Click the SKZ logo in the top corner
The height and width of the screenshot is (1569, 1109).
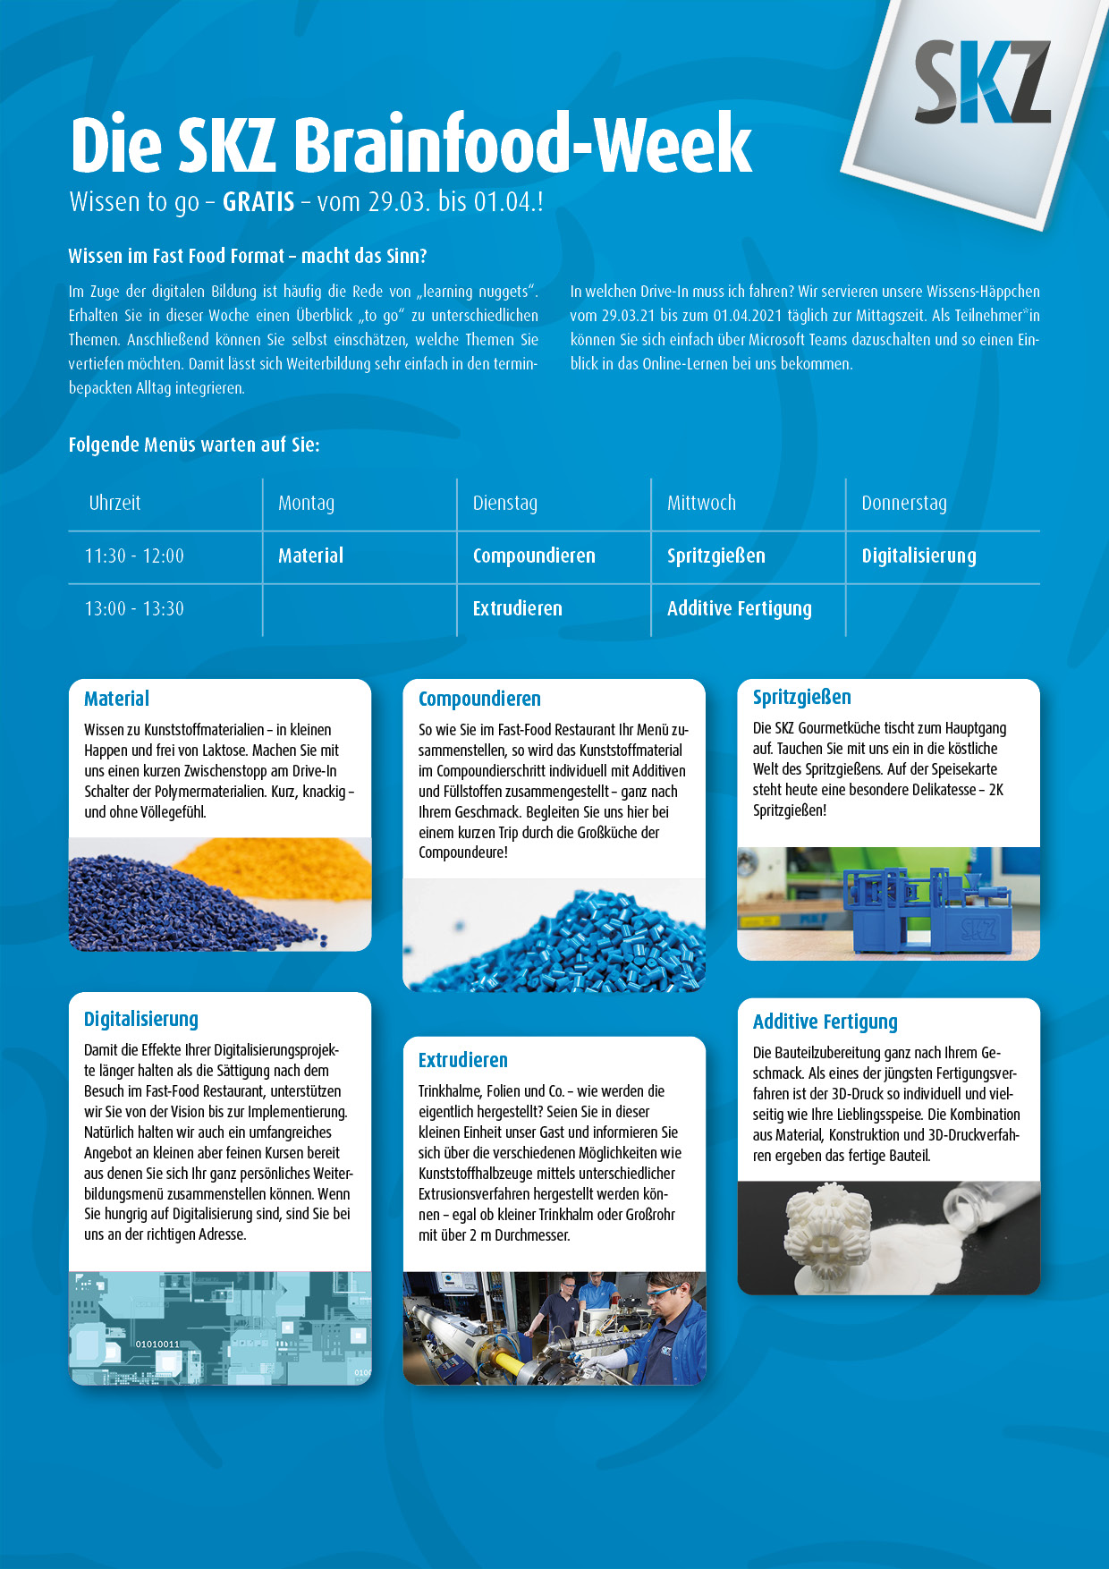pyautogui.click(x=981, y=82)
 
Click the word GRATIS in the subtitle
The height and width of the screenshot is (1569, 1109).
pyautogui.click(x=258, y=202)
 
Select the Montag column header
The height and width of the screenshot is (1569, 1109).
pyautogui.click(x=306, y=504)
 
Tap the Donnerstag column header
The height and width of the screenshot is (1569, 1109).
pyautogui.click(x=903, y=504)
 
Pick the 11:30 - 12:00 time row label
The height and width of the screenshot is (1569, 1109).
pyautogui.click(x=134, y=556)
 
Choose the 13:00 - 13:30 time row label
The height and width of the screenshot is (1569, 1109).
pyautogui.click(x=134, y=609)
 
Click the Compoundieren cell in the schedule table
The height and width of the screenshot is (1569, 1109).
pyautogui.click(x=534, y=556)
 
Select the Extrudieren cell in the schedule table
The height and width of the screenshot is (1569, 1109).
pyautogui.click(x=517, y=609)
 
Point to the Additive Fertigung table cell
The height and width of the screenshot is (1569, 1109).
pyautogui.click(x=739, y=609)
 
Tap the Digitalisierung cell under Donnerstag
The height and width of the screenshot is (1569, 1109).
pyautogui.click(x=919, y=556)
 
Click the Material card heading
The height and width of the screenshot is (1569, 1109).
pyautogui.click(x=116, y=700)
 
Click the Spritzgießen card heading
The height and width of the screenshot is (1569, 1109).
pyautogui.click(x=801, y=698)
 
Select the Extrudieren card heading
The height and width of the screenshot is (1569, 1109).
pyautogui.click(x=462, y=1061)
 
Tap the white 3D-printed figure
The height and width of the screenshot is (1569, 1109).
pyautogui.click(x=818, y=1230)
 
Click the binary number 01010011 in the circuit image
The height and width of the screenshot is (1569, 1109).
pyautogui.click(x=157, y=1344)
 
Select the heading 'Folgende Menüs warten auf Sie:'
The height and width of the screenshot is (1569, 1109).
pyautogui.click(x=194, y=445)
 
